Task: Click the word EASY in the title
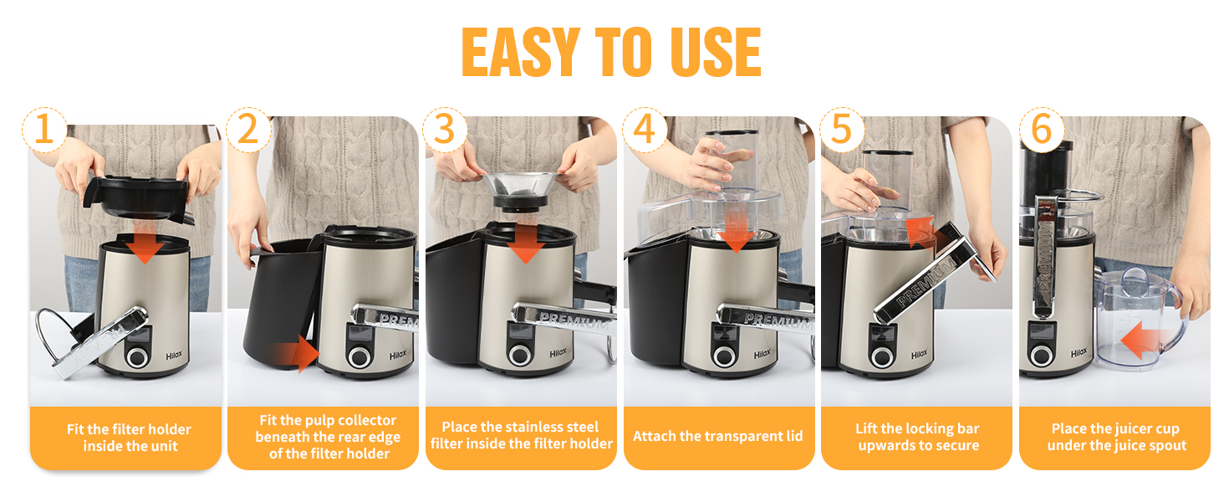tap(520, 52)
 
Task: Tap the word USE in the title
tap(716, 52)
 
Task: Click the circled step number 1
tap(44, 130)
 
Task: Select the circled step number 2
tap(248, 130)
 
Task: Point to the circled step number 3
tap(445, 130)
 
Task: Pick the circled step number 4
tap(645, 130)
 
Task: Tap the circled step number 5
tap(841, 130)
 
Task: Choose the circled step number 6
tap(1042, 130)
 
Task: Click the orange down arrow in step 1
tap(145, 244)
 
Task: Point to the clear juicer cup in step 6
tap(1136, 320)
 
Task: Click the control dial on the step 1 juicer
tap(136, 357)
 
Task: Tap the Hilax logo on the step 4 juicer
tap(762, 355)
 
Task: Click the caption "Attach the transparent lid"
tap(718, 437)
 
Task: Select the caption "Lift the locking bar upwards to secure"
tap(918, 437)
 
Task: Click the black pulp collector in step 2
tap(282, 300)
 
